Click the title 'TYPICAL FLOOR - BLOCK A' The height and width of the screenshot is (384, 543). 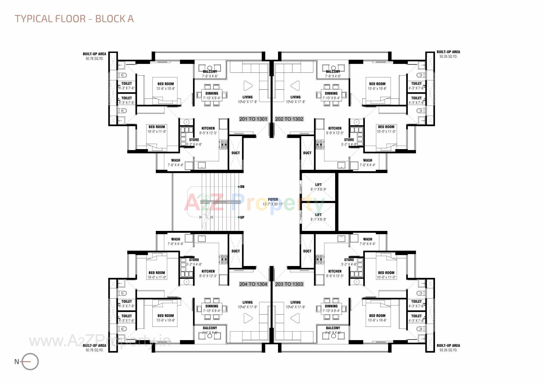coord(74,19)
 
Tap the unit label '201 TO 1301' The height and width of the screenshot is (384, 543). coord(253,119)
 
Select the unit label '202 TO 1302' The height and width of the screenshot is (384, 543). coord(289,119)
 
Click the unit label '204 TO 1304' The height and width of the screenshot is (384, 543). coord(253,284)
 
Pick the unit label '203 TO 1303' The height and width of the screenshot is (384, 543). coord(289,284)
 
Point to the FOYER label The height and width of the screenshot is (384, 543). coord(273,199)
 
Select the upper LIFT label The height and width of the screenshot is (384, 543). coord(318,185)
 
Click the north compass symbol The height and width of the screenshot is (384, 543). coord(30,362)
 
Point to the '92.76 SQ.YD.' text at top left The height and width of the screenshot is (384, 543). coord(94,59)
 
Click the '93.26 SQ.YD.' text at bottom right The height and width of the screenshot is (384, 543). coord(448,350)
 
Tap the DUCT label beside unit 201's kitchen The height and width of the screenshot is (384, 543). coord(236,153)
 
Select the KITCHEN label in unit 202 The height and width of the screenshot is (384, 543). coord(335,128)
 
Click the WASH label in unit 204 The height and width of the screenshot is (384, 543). coord(176,239)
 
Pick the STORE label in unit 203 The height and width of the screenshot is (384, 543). coord(349,259)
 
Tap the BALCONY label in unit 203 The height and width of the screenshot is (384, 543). coord(333,328)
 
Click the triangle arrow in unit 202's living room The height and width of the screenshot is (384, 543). coord(295,85)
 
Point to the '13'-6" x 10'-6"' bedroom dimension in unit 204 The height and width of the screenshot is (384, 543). coord(166,320)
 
